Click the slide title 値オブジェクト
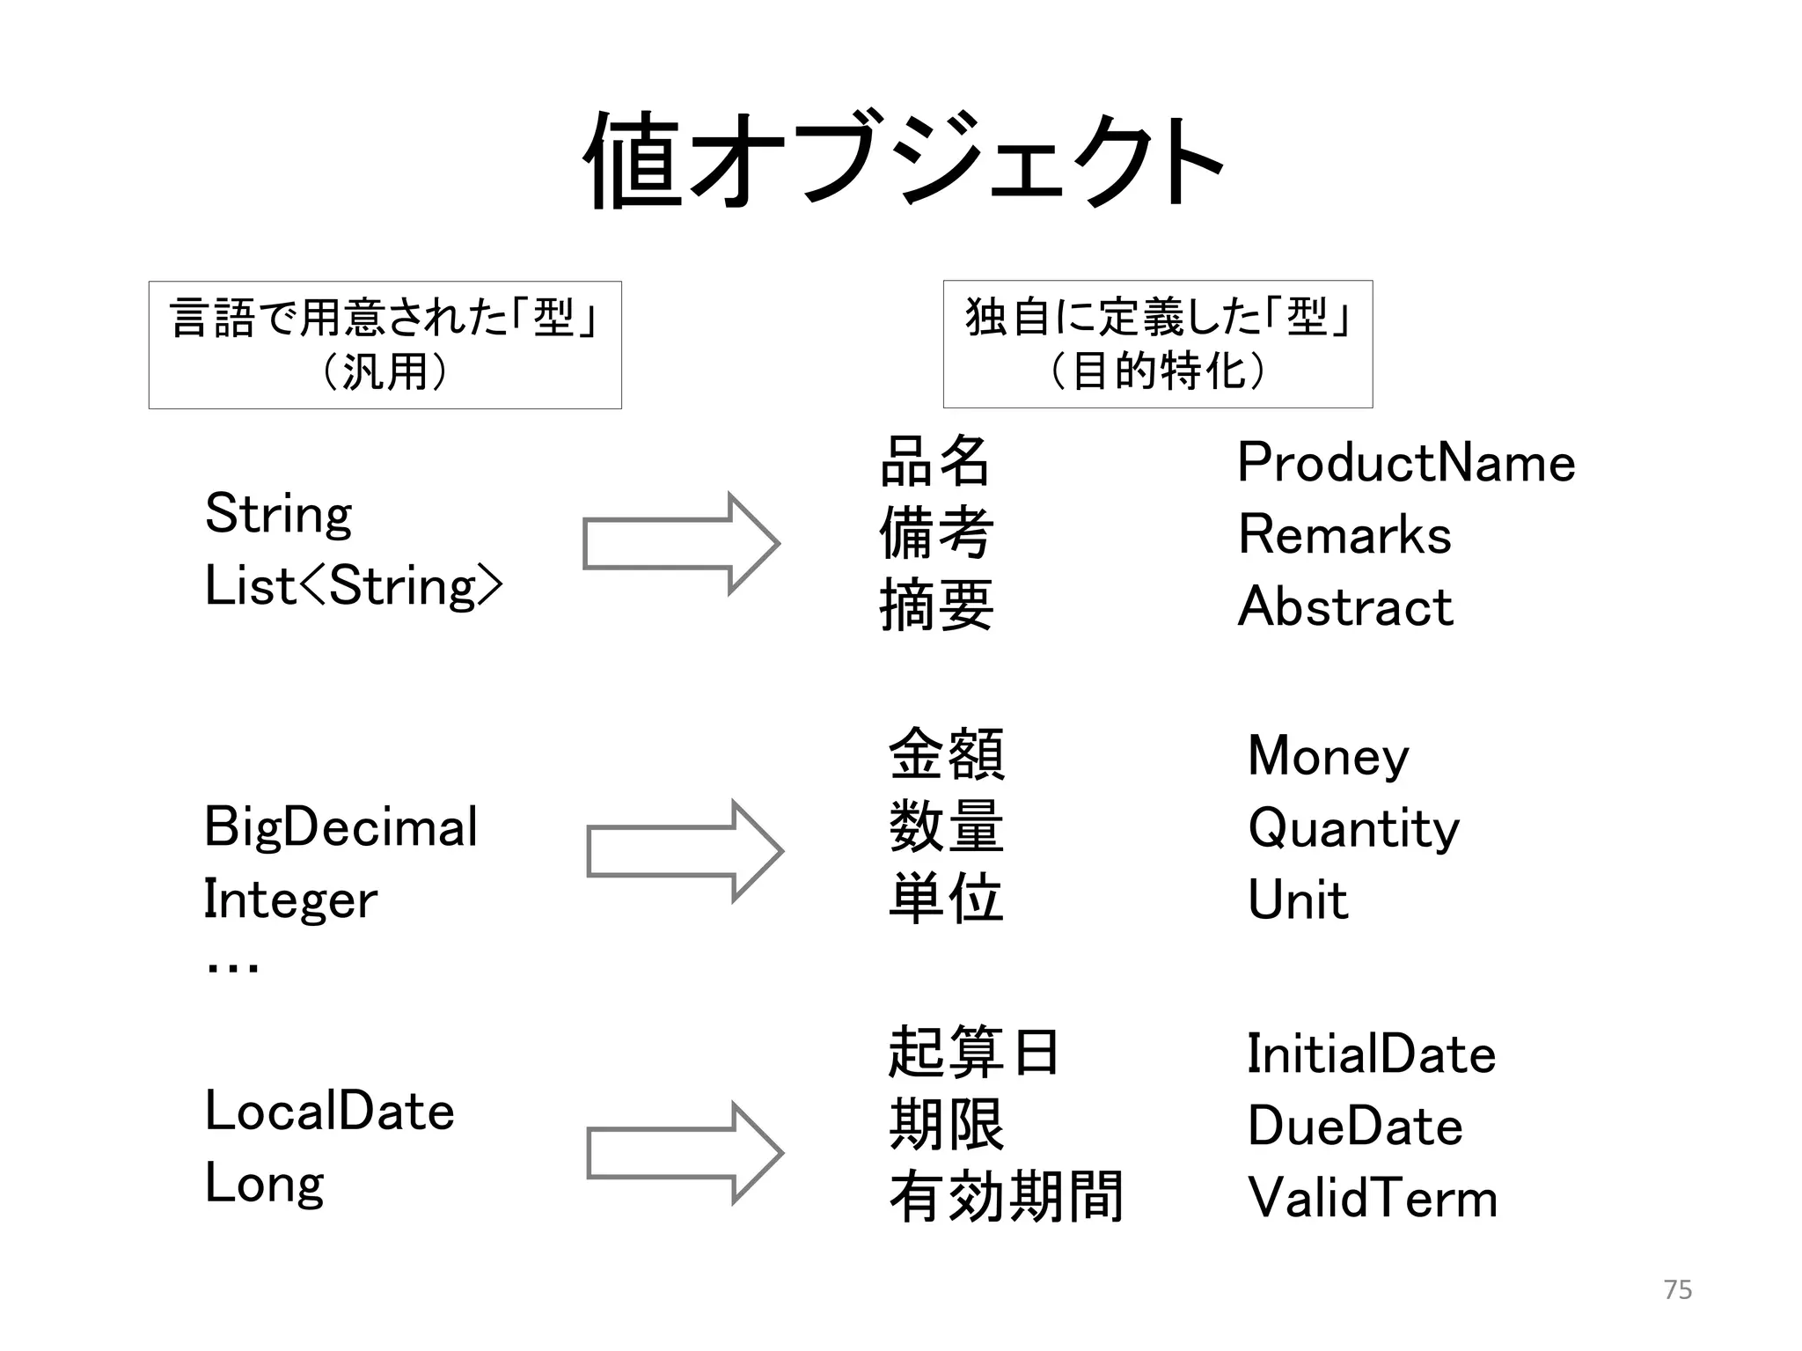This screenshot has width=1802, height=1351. click(x=903, y=161)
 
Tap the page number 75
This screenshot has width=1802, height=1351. click(x=1677, y=1289)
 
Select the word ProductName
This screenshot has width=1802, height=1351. click(x=1405, y=463)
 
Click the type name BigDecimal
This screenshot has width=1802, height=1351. click(x=341, y=827)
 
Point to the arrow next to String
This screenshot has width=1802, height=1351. click(x=681, y=544)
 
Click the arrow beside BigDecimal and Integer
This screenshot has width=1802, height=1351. click(x=685, y=851)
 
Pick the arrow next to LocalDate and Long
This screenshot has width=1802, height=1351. click(x=685, y=1153)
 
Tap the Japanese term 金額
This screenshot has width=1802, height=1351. click(x=946, y=754)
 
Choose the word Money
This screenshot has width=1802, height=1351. click(x=1328, y=756)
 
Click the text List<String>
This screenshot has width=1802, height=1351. click(x=353, y=586)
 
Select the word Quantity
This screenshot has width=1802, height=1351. click(x=1353, y=829)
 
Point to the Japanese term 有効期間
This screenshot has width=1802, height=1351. click(x=1006, y=1197)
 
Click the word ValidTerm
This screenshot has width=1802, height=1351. click(x=1372, y=1198)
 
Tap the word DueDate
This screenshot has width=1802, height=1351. click(x=1354, y=1126)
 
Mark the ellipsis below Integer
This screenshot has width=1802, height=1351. click(x=231, y=967)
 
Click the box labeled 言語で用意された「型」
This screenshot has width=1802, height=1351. click(x=385, y=344)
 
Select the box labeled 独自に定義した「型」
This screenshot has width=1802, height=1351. click(x=1157, y=343)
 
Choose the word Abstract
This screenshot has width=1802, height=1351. click(x=1344, y=606)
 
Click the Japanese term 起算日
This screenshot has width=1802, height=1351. click(x=972, y=1053)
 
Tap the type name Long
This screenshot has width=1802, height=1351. click(x=264, y=1184)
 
